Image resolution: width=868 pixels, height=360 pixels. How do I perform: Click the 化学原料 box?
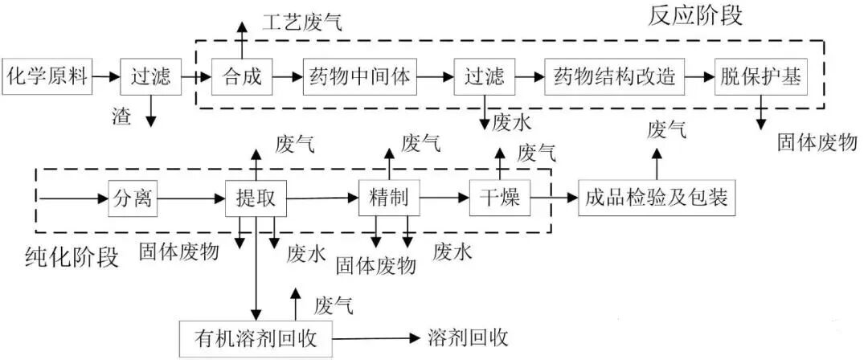[x=46, y=77]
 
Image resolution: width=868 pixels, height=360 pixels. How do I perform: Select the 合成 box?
[x=242, y=77]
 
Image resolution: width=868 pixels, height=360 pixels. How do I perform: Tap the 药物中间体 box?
[x=359, y=77]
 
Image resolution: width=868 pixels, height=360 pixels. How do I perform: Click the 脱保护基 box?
[x=759, y=77]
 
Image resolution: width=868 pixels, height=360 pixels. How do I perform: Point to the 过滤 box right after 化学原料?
[x=150, y=77]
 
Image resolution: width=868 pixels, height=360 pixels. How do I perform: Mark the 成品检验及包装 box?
[x=657, y=198]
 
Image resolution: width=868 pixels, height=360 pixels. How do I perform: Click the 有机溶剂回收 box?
[x=255, y=337]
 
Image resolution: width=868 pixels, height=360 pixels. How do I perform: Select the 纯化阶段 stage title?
[x=73, y=257]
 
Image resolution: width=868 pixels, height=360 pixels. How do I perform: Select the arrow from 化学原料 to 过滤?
[x=104, y=77]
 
